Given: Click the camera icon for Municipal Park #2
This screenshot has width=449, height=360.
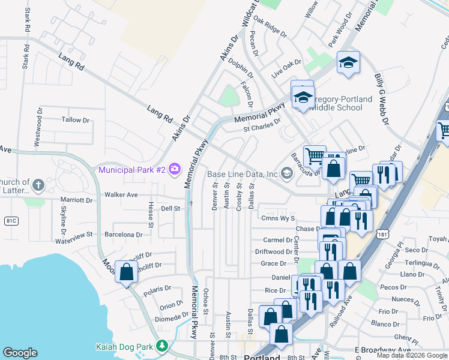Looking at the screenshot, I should (x=175, y=169).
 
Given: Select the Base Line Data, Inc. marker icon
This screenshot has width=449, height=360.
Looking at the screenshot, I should (x=287, y=174).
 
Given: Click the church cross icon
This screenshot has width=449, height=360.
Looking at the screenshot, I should (x=38, y=184).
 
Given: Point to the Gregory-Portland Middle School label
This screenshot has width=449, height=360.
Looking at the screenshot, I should (x=339, y=103).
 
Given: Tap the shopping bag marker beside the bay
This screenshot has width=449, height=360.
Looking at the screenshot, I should (x=127, y=273).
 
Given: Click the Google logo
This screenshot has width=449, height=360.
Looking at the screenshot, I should (x=20, y=353).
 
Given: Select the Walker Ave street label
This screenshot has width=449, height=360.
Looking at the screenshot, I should (x=121, y=194).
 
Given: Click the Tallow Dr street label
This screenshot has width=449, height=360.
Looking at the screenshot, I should (x=75, y=120).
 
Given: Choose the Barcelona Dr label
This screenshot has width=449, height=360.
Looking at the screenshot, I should (x=123, y=235).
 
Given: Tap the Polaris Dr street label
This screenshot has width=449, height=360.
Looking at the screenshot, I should (x=157, y=288).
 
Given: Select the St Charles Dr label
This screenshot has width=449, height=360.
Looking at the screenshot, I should (x=262, y=125).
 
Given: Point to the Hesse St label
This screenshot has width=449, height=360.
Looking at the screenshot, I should (x=151, y=212).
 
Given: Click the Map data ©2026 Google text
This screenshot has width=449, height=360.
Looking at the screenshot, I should (x=412, y=355).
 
